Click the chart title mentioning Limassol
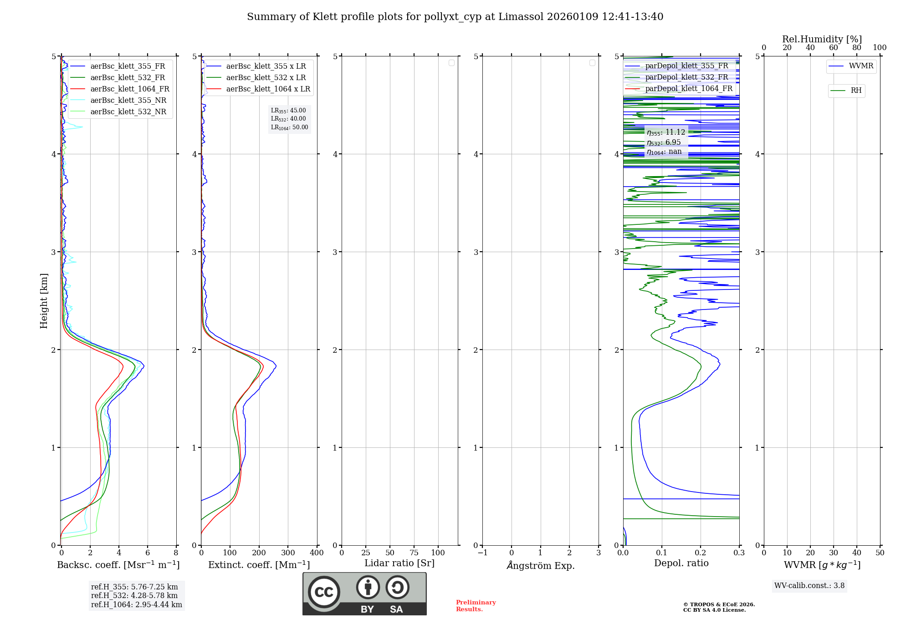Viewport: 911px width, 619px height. click(455, 17)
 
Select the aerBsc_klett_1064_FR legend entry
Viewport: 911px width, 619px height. click(129, 89)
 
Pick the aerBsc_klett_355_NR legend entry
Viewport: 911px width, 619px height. click(128, 101)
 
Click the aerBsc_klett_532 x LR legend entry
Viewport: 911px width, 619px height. click(266, 78)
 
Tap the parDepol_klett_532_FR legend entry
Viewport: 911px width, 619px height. click(686, 77)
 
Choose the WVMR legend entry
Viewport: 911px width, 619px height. click(861, 66)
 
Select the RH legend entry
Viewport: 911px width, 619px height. click(856, 91)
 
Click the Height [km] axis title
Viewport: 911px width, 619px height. click(44, 301)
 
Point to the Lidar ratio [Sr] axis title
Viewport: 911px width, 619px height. click(399, 563)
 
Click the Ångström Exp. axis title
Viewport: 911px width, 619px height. click(541, 566)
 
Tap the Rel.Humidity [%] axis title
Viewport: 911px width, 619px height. click(822, 39)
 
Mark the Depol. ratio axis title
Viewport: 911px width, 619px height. click(681, 563)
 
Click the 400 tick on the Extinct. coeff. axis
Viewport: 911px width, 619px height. click(317, 553)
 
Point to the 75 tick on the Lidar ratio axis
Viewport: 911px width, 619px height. click(414, 553)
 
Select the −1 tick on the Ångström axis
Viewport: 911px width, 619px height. click(482, 553)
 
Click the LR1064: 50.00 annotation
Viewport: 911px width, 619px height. click(289, 127)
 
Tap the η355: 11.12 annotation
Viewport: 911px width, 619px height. click(665, 132)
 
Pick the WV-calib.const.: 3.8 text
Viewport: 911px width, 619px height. click(809, 586)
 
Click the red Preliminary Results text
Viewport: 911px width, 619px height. click(476, 606)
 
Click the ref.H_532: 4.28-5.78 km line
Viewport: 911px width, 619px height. click(134, 596)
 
